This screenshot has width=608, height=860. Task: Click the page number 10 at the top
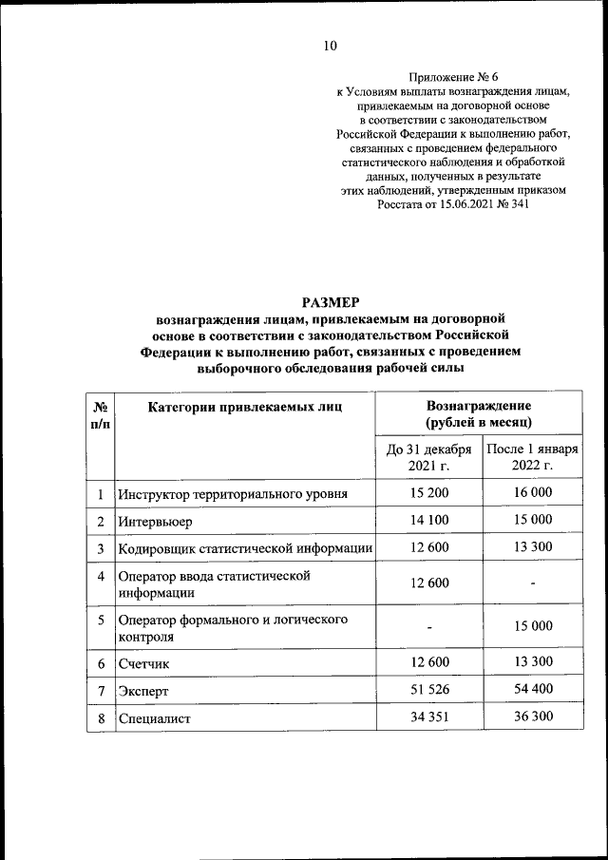[330, 46]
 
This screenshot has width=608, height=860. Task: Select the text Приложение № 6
[452, 77]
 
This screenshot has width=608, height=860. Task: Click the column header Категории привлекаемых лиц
[244, 407]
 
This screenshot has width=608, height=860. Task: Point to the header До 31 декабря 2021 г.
[428, 457]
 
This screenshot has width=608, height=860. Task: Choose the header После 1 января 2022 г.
[533, 457]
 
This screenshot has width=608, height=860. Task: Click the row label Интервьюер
[155, 520]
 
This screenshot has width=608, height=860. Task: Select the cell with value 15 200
[428, 492]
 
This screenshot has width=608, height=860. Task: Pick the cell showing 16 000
[533, 492]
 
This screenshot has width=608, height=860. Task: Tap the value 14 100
[428, 519]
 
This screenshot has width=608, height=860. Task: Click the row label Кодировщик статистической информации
[244, 548]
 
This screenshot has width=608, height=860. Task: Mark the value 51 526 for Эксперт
[428, 691]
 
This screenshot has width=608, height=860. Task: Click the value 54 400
[533, 691]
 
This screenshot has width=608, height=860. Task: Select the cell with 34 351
[428, 718]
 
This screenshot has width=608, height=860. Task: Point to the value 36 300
[533, 718]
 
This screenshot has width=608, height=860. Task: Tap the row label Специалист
[155, 719]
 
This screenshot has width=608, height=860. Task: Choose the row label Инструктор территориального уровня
[232, 494]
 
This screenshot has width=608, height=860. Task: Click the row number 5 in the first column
[101, 620]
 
